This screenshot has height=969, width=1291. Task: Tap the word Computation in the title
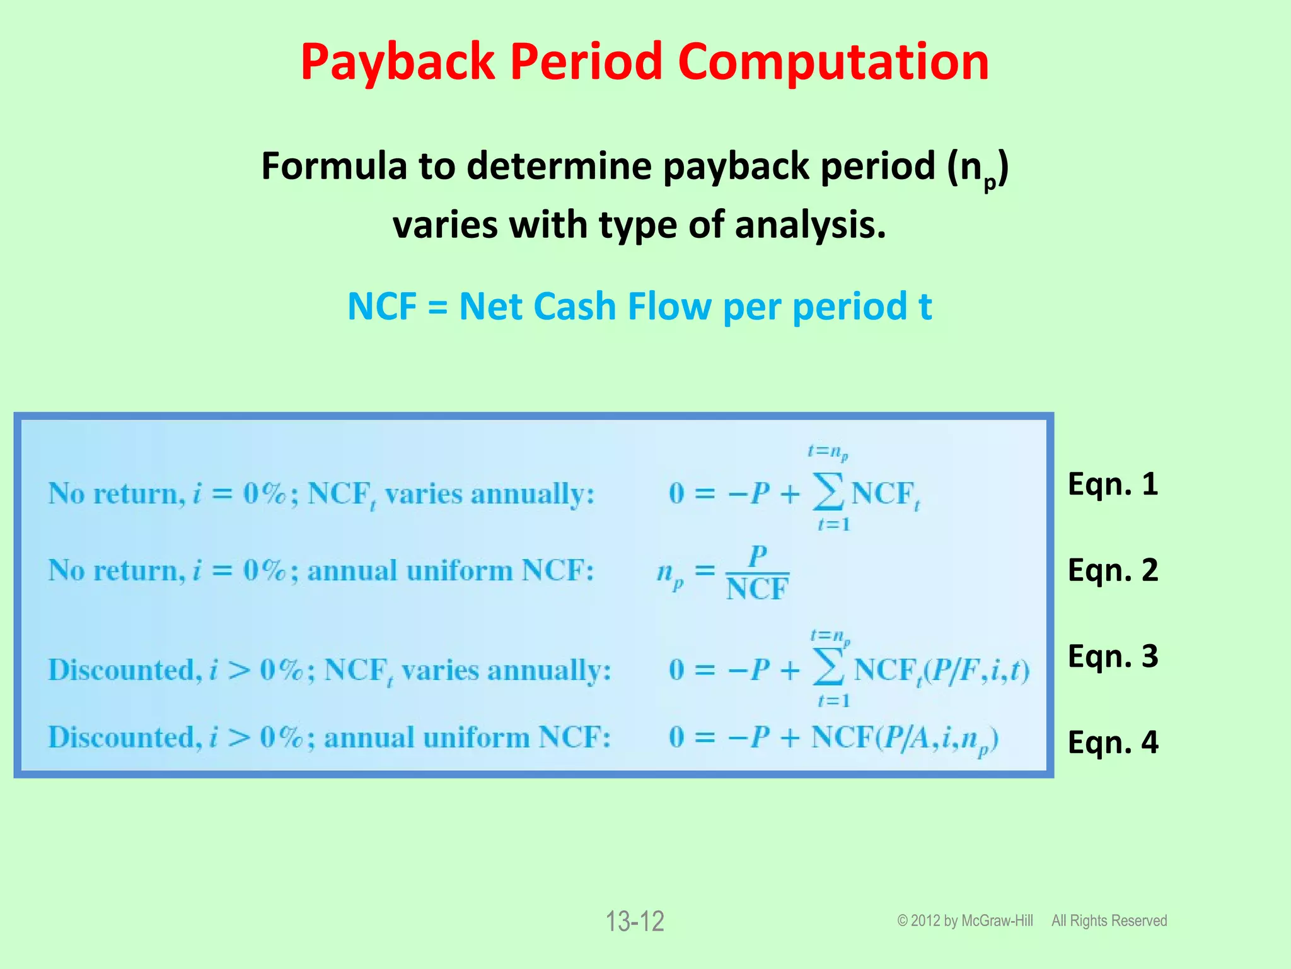833,62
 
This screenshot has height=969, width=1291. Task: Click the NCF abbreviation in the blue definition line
381,307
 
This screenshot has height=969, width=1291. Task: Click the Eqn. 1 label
1113,484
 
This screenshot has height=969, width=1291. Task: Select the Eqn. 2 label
1113,570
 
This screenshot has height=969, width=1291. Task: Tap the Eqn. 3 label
1113,656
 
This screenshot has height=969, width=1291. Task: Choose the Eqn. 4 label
1113,742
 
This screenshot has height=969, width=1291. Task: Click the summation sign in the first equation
828,492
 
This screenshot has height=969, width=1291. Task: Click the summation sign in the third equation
828,669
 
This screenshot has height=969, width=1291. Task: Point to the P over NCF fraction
757,573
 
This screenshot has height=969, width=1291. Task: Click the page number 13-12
635,922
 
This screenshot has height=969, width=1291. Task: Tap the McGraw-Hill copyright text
965,921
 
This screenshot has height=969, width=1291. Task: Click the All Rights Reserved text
1109,921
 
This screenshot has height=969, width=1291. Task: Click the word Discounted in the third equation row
124,670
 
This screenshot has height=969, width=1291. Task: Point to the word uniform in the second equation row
459,571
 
